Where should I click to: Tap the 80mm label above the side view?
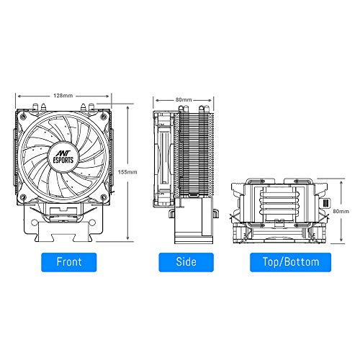click(x=183, y=99)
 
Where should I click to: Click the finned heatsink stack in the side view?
click(x=193, y=155)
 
